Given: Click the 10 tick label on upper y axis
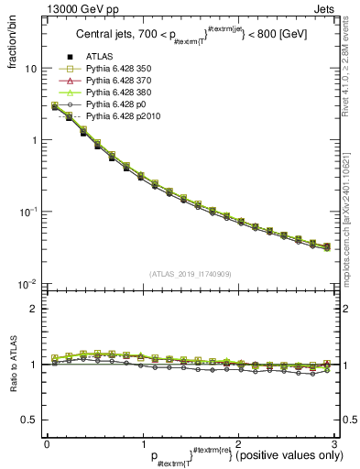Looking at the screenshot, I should (30, 70).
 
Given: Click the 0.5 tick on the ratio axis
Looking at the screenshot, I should (28, 420).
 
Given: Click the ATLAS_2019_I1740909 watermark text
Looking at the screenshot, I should (189, 274).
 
